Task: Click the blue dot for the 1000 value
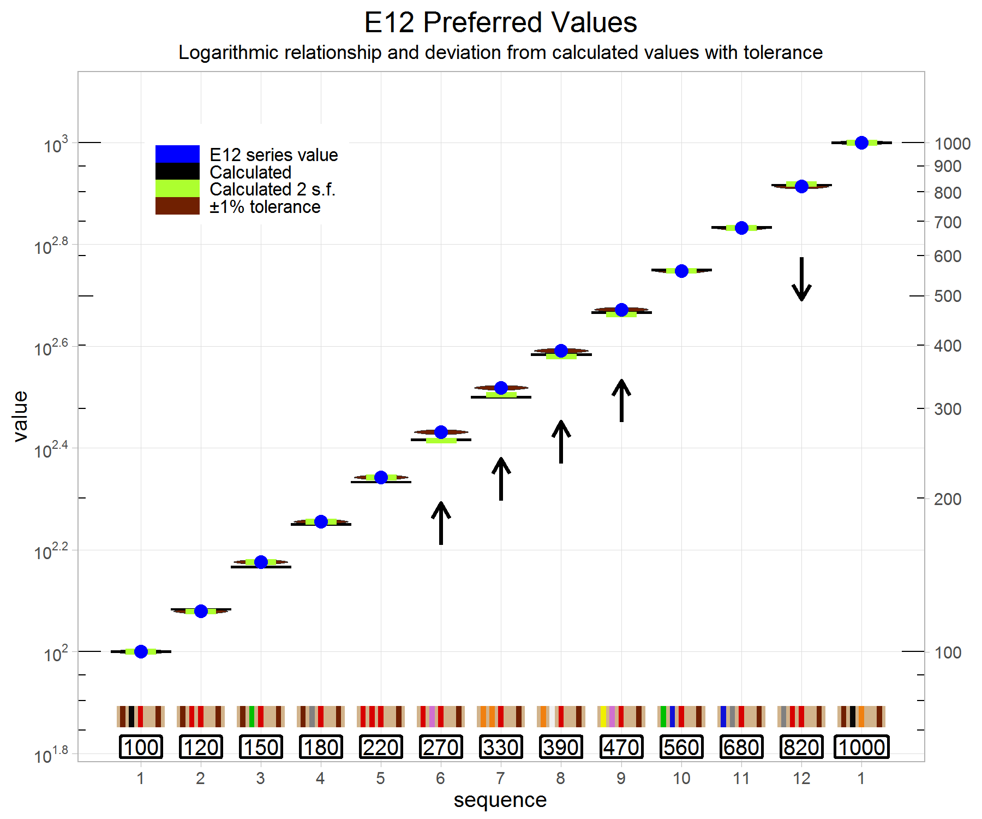coord(861,143)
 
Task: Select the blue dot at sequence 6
coord(441,432)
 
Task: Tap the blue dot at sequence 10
coord(681,271)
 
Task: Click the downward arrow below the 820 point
coord(801,279)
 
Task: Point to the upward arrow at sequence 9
coord(621,400)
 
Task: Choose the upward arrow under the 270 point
coord(441,523)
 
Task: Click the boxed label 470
coord(621,747)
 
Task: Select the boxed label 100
coord(141,747)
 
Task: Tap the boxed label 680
coord(741,747)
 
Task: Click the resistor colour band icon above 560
coord(681,716)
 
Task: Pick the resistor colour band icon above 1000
coord(861,716)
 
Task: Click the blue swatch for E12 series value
coord(177,154)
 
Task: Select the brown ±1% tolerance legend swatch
coord(177,206)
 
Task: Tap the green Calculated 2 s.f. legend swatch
coord(177,188)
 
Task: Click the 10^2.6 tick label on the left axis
coord(51,348)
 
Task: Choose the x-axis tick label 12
coord(801,778)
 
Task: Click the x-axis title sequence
coord(500,800)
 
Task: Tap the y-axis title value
coord(21,416)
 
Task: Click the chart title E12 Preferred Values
coord(500,22)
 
